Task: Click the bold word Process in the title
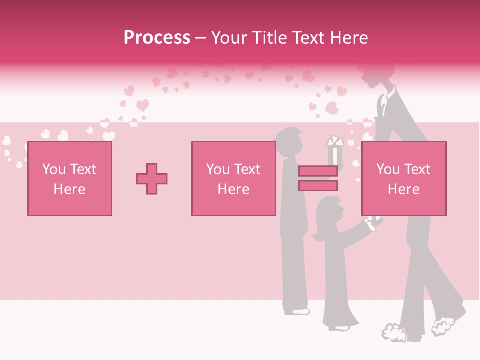click(x=157, y=38)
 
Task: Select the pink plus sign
click(x=152, y=178)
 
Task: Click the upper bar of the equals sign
click(x=318, y=171)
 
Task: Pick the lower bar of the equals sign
click(x=318, y=186)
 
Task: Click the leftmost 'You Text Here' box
click(x=69, y=178)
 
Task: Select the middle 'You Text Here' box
click(x=233, y=178)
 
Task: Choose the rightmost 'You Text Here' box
click(x=403, y=178)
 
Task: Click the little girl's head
click(x=328, y=210)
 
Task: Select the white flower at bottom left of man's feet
click(x=395, y=332)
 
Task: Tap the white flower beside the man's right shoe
click(x=442, y=325)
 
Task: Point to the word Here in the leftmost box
click(x=69, y=189)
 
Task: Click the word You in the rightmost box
click(x=388, y=169)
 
